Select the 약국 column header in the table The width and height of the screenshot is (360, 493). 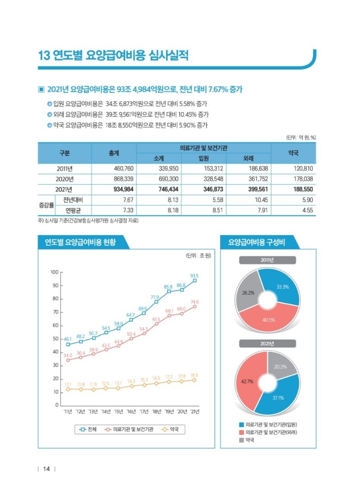293,153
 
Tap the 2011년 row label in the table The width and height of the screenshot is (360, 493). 65,169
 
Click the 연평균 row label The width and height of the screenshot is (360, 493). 72,210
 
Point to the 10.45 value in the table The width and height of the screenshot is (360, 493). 259,200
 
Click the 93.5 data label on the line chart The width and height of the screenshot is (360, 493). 194,276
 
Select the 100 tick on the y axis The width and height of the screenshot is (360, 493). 54,272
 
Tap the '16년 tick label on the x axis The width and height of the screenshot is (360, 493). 131,412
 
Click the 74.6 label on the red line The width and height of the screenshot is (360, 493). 194,302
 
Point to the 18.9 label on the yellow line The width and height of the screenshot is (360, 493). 194,375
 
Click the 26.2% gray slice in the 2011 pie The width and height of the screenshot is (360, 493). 248,292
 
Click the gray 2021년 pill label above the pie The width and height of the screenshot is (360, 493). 267,344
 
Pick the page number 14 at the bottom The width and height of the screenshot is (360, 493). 46,470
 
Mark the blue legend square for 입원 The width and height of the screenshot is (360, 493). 242,424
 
